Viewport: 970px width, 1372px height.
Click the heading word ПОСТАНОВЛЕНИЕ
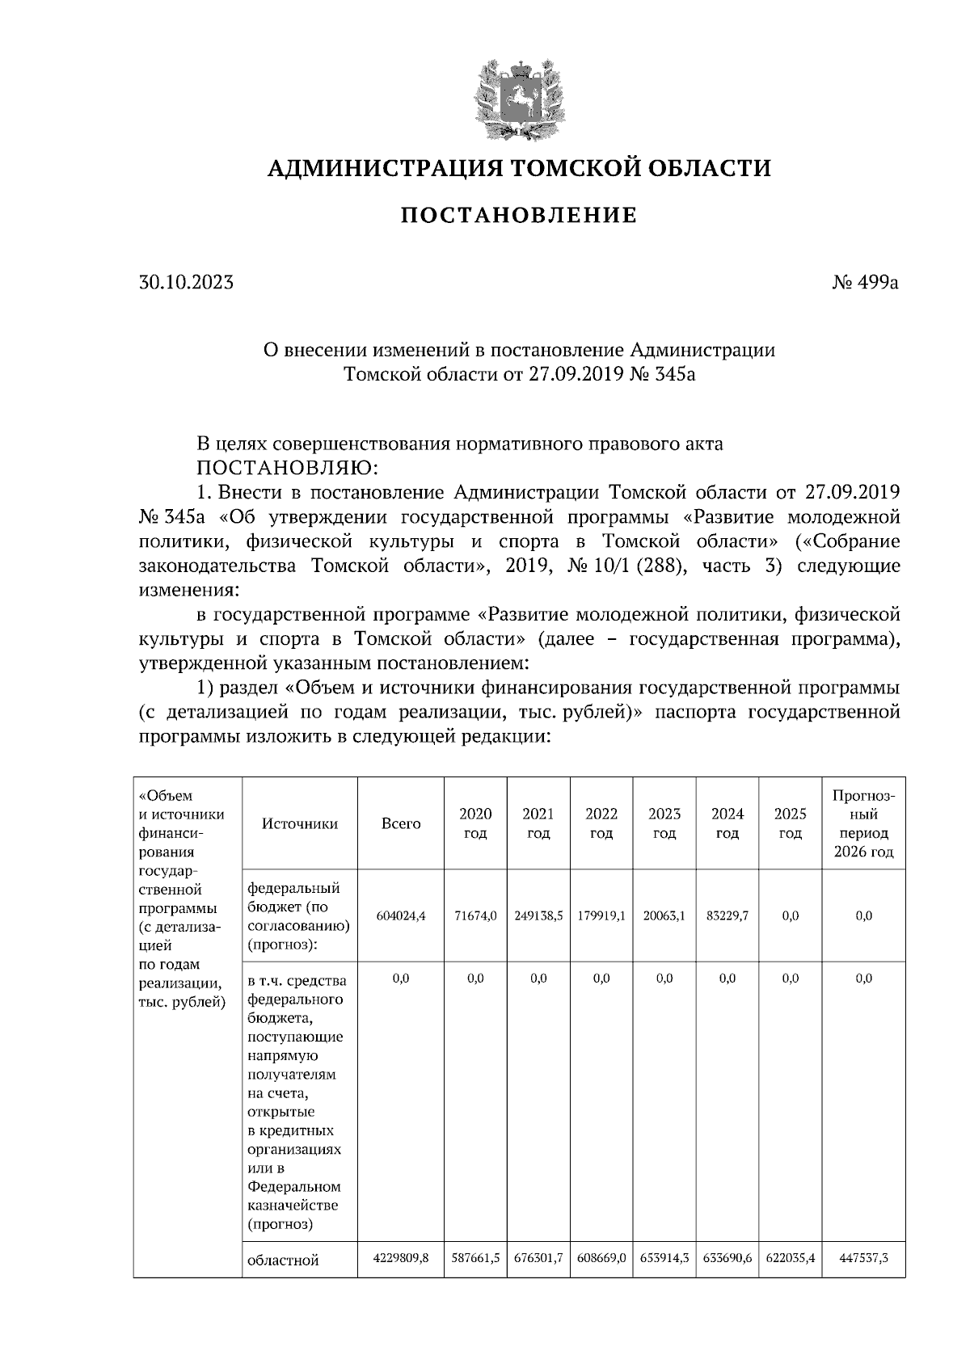[519, 216]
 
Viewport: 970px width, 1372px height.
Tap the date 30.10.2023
[186, 283]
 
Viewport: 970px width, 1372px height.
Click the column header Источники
[299, 823]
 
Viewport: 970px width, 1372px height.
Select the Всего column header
[401, 823]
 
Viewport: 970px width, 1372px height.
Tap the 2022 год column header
[601, 823]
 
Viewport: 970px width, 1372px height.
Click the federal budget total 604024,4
[401, 915]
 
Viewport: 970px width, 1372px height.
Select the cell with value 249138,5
[538, 915]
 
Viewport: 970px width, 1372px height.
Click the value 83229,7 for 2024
[727, 915]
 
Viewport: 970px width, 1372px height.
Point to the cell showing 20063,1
[664, 915]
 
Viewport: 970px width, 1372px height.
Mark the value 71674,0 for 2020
[475, 915]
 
